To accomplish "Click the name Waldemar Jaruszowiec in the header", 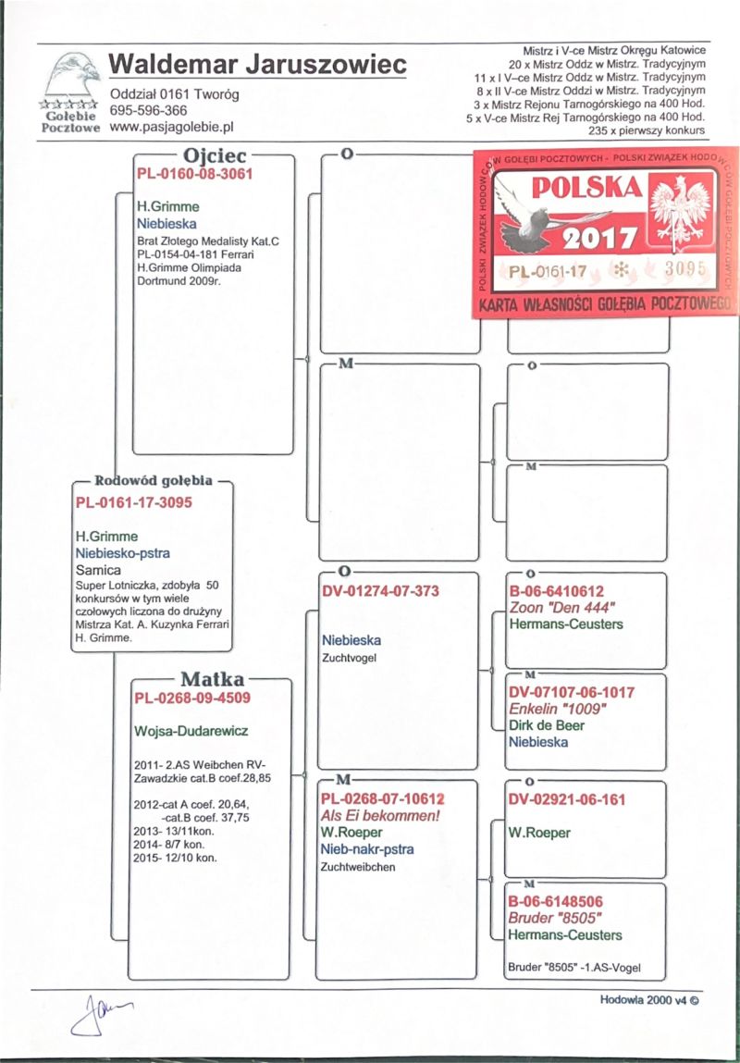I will click(258, 66).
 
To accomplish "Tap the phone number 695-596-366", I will click(148, 110).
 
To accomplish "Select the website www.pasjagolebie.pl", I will click(170, 126).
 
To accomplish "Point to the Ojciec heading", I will click(214, 156).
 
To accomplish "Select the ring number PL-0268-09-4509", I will click(192, 697).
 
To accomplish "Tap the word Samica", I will click(98, 570).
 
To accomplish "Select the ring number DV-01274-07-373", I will click(380, 590).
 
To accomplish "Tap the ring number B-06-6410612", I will click(557, 590).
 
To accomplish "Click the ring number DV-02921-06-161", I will click(564, 798).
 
